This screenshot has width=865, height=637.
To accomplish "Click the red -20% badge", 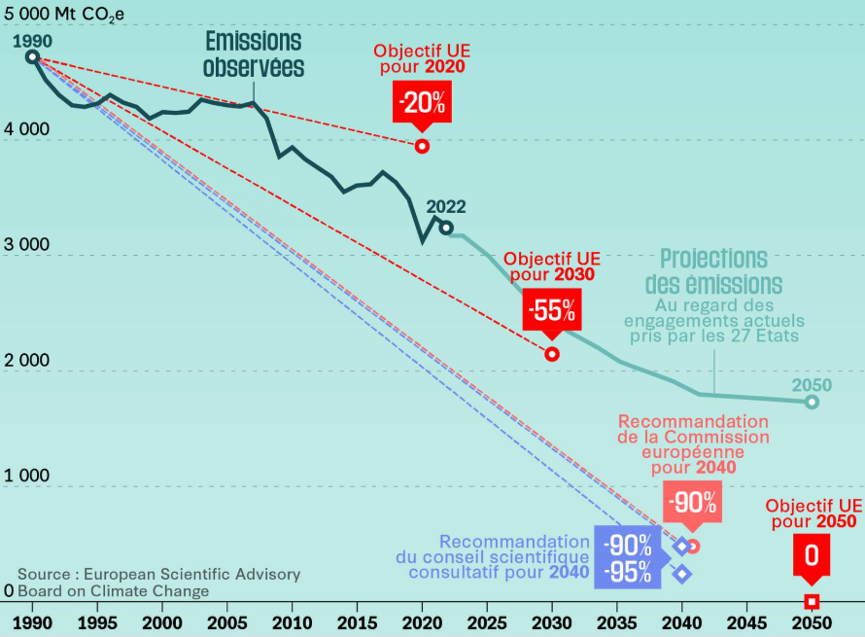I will point(422,102).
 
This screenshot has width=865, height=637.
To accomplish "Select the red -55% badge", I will point(552,311).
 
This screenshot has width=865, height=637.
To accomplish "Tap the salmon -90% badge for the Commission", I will point(693,503).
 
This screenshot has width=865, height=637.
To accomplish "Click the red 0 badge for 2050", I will point(811,556).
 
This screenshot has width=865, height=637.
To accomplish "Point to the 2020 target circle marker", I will point(422,146).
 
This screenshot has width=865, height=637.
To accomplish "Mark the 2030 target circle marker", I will point(552,354).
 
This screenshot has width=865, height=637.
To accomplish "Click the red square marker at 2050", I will point(812,601).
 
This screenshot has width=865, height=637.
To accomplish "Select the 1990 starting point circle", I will point(32,57).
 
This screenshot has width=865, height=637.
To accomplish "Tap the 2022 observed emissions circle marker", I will point(445,228).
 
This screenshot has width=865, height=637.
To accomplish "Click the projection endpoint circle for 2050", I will point(812,402).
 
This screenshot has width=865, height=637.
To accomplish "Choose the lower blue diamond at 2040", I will point(682,574).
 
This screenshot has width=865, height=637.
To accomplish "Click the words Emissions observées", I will point(254,54).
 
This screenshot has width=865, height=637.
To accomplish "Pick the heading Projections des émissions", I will point(714,271).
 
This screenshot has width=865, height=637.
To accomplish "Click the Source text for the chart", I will point(158,583).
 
